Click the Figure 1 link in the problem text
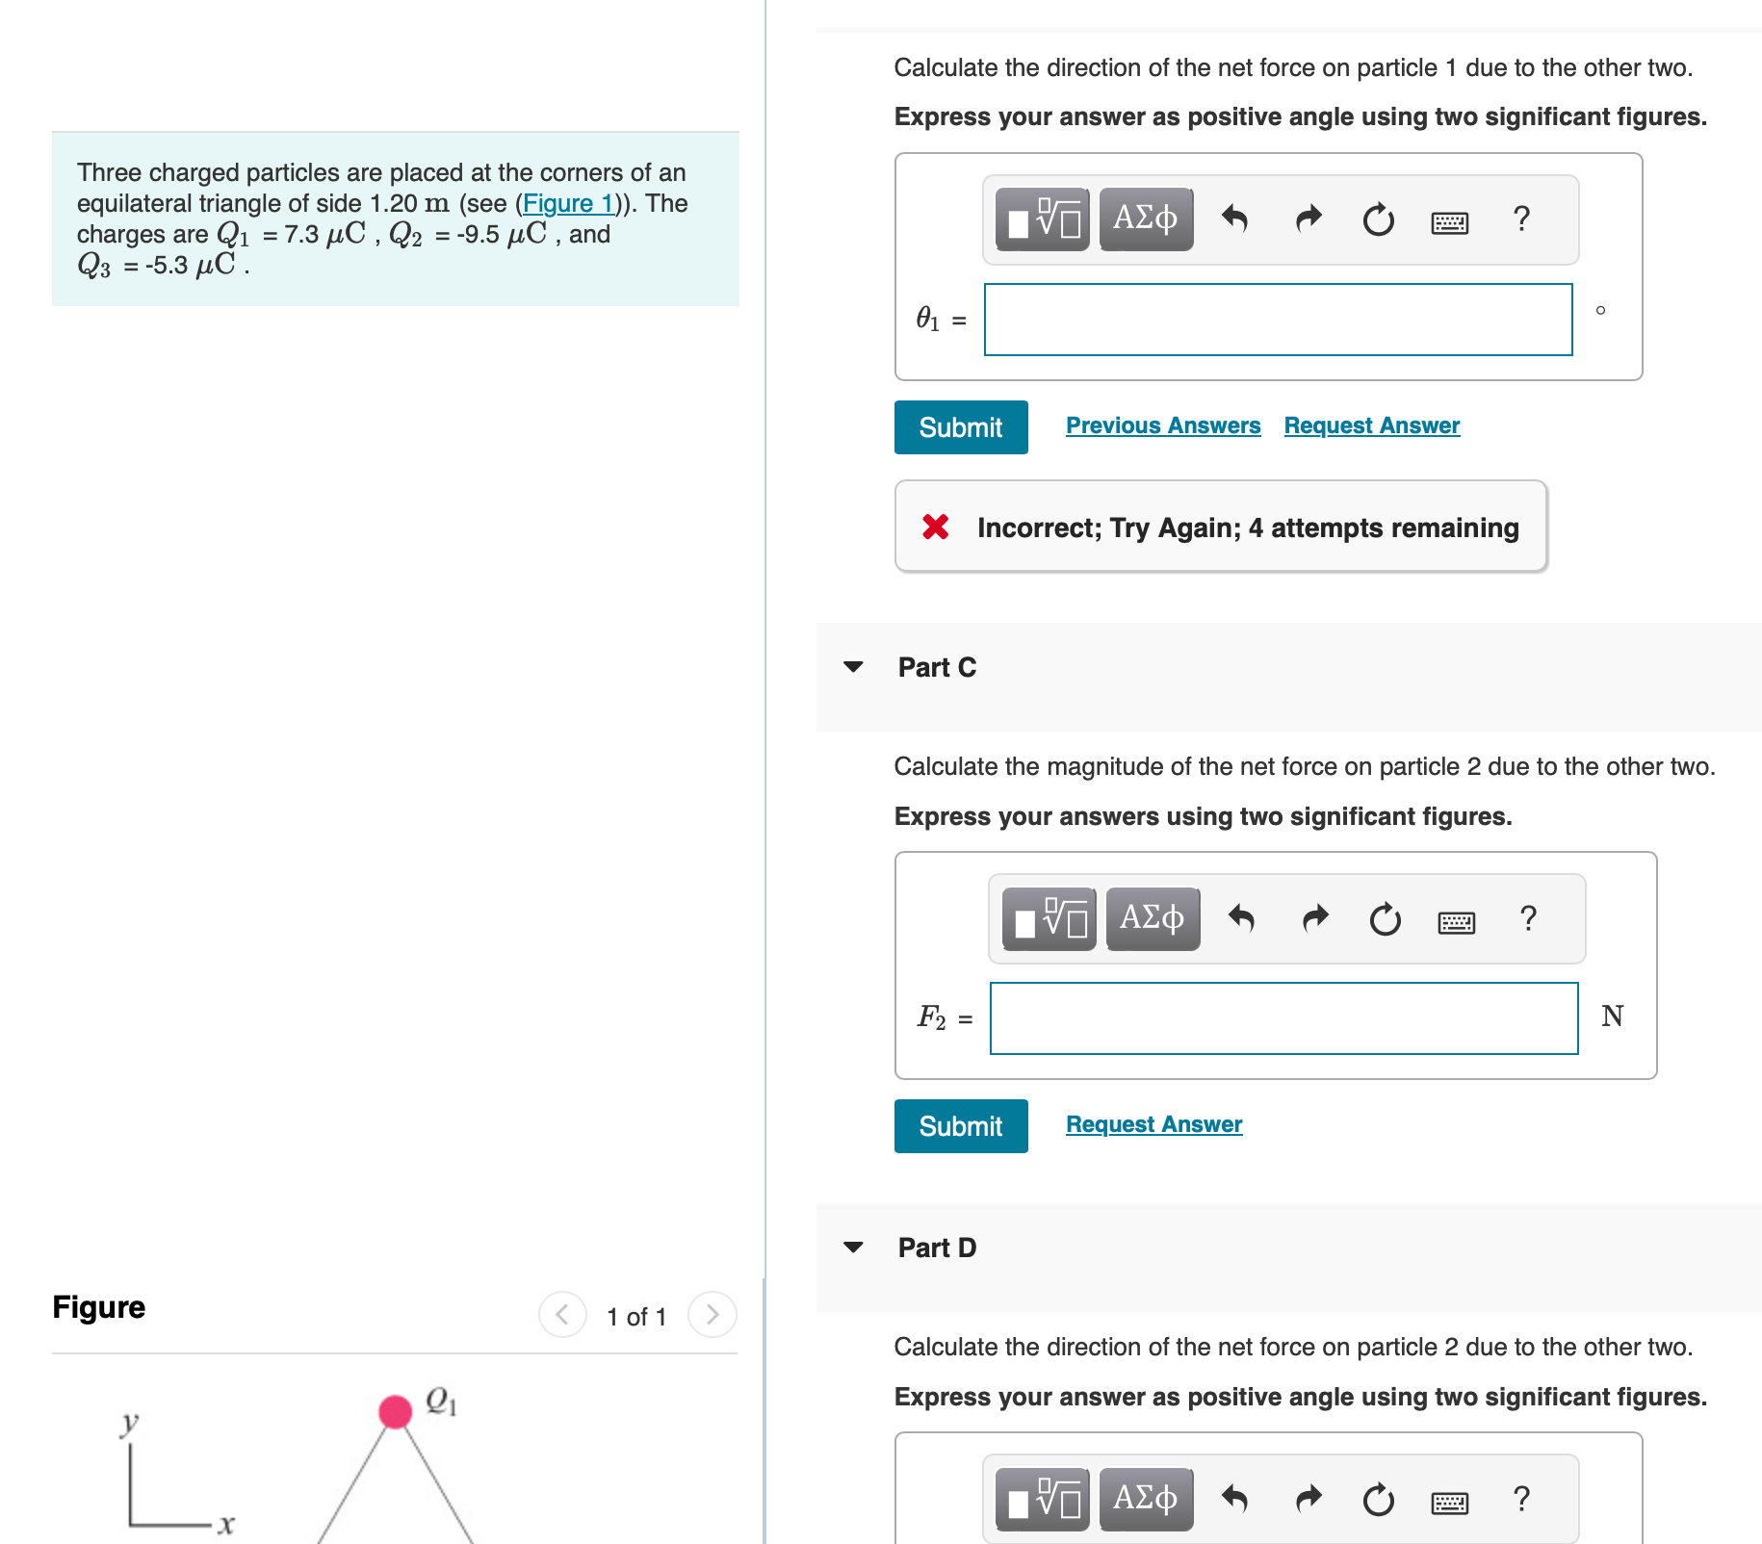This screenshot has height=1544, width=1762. [x=568, y=203]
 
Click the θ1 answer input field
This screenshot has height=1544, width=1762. [x=1278, y=320]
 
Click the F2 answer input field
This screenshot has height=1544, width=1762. [x=1283, y=1018]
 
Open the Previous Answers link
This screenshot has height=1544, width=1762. [x=1162, y=425]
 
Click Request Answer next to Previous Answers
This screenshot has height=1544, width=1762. [x=1371, y=425]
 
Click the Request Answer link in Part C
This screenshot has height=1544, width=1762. [x=1153, y=1124]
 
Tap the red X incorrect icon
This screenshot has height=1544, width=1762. [x=935, y=527]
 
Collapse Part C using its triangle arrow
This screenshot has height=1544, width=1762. [x=853, y=666]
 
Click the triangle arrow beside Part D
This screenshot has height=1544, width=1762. [x=853, y=1247]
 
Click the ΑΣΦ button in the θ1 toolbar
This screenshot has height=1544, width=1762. [x=1146, y=219]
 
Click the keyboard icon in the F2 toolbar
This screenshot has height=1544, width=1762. [x=1456, y=922]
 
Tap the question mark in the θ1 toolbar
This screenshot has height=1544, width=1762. [x=1521, y=219]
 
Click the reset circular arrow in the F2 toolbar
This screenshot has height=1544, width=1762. [x=1385, y=919]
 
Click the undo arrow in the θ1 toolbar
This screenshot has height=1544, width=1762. [x=1234, y=219]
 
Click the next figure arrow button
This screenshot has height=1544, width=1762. [x=713, y=1314]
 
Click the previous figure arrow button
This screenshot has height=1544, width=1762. [x=562, y=1314]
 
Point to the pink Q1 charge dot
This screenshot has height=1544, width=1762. [x=395, y=1411]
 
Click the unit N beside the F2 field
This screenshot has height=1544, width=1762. [x=1612, y=1016]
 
